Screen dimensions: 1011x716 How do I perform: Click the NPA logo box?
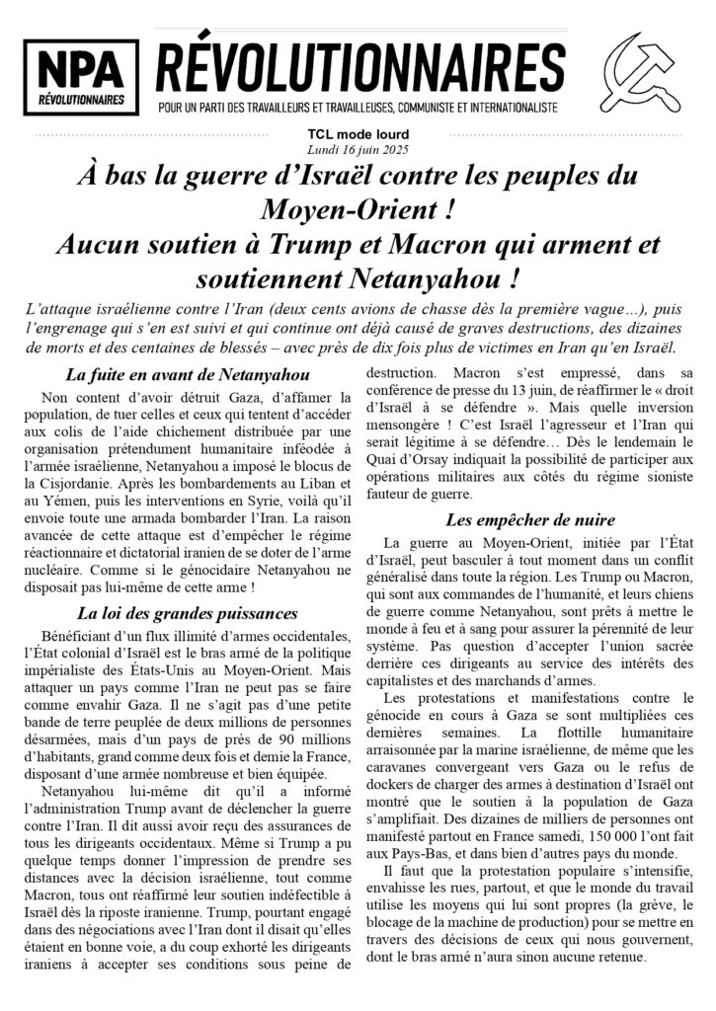pyautogui.click(x=81, y=77)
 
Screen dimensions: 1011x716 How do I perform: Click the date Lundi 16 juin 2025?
pyautogui.click(x=358, y=148)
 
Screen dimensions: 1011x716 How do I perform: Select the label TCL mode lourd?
pyautogui.click(x=358, y=134)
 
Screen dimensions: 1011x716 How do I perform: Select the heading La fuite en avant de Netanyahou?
pyautogui.click(x=188, y=375)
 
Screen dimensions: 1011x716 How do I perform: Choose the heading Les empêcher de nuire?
pyautogui.click(x=530, y=519)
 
